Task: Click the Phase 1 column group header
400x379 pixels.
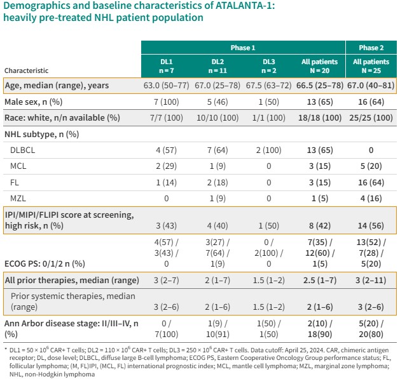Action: click(x=243, y=48)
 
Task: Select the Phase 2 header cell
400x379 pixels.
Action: click(x=371, y=48)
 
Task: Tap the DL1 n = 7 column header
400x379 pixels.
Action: click(x=167, y=66)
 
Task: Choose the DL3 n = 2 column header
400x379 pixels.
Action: click(x=268, y=66)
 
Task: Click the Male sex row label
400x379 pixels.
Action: click(x=34, y=102)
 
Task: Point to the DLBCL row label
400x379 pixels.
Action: click(x=22, y=150)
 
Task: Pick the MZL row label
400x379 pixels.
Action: click(x=18, y=199)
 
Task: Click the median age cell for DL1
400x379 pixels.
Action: click(x=167, y=85)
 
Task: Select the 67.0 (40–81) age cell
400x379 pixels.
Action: click(x=371, y=85)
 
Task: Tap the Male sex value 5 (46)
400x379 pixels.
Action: click(x=217, y=102)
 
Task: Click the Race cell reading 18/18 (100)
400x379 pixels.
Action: click(x=320, y=117)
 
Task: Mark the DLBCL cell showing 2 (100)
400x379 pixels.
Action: click(x=268, y=150)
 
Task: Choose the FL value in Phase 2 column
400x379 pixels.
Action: click(x=371, y=182)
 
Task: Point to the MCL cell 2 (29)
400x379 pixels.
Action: click(x=167, y=166)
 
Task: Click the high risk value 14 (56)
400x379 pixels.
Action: click(x=371, y=225)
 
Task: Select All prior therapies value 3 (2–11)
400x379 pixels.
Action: click(x=371, y=280)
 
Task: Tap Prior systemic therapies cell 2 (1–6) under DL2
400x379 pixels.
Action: click(x=217, y=307)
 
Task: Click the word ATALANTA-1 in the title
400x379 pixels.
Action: click(x=245, y=5)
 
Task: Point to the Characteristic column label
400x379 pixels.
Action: click(x=26, y=70)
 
